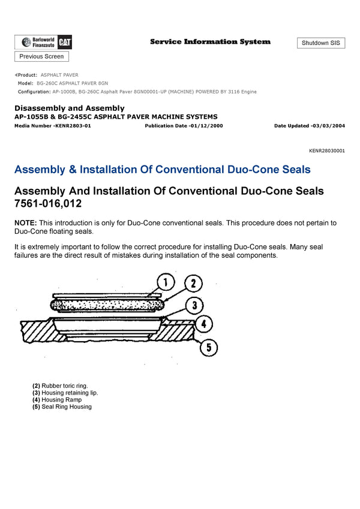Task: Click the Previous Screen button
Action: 41,56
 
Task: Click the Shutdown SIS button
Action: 320,43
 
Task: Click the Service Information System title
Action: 210,42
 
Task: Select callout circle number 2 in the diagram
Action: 193,284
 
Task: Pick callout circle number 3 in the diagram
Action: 194,306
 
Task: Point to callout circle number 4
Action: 204,324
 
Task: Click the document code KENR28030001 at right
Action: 327,151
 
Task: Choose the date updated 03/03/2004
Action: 328,126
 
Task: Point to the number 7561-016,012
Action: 47,204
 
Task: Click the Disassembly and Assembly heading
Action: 69,108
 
